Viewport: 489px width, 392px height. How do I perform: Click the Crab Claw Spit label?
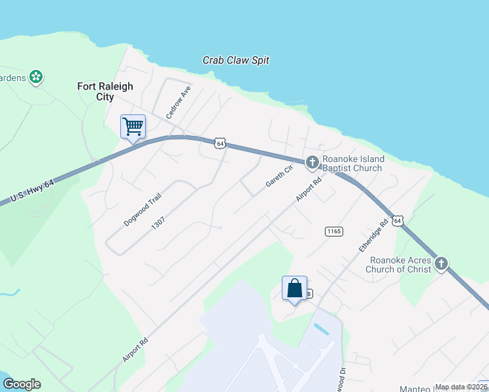click(x=236, y=60)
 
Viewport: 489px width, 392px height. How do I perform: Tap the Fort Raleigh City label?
click(x=105, y=91)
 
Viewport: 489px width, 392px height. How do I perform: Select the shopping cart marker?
click(x=133, y=126)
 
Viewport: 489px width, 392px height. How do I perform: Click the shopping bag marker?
click(x=294, y=288)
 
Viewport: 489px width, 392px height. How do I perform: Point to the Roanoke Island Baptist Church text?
click(x=353, y=163)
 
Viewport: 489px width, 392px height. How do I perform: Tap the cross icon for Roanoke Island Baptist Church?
click(x=312, y=161)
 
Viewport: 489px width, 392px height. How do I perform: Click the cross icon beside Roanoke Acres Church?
click(x=441, y=263)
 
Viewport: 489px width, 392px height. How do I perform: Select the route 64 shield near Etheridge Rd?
click(x=399, y=221)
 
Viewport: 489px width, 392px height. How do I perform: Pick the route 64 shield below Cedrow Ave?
click(x=220, y=143)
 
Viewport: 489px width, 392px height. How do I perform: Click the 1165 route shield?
click(x=333, y=231)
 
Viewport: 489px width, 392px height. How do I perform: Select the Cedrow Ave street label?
click(x=178, y=102)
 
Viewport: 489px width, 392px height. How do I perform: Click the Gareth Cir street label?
click(x=279, y=175)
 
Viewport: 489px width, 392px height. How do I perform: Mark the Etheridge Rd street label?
click(x=374, y=236)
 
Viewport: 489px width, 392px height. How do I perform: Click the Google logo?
click(x=22, y=384)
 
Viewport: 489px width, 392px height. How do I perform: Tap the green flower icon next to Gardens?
click(x=36, y=77)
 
